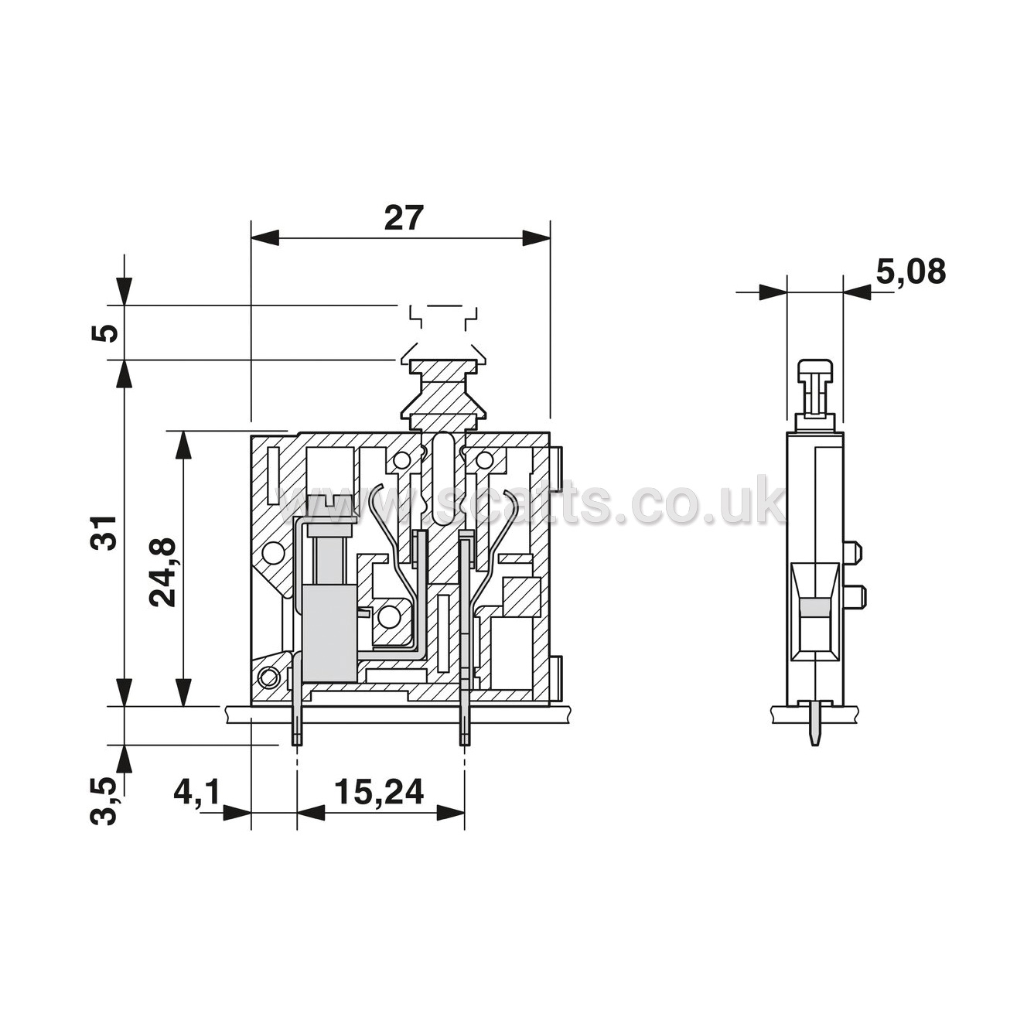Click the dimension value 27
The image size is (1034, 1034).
pyautogui.click(x=404, y=217)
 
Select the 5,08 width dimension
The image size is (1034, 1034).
pyautogui.click(x=910, y=272)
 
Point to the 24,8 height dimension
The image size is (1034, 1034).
pyautogui.click(x=162, y=572)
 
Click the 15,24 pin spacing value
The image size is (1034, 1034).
pyautogui.click(x=380, y=791)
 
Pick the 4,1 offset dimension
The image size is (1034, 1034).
pyautogui.click(x=197, y=791)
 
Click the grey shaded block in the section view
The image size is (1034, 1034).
pyautogui.click(x=329, y=633)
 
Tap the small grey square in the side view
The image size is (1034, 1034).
pyautogui.click(x=814, y=607)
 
